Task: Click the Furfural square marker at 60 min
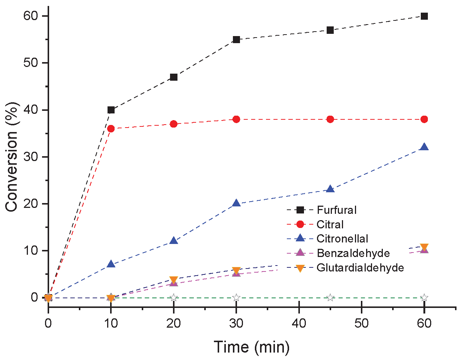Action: pos(424,16)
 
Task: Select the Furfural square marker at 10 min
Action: pos(111,110)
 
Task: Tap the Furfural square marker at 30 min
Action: pos(236,39)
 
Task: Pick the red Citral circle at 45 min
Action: pos(330,119)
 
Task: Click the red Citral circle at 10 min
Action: pos(111,129)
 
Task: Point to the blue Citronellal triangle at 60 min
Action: pos(424,147)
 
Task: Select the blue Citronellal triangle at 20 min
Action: pos(174,241)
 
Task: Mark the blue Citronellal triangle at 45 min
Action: pos(330,189)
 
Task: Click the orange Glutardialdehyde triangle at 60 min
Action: pos(424,247)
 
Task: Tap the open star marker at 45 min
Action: pos(330,298)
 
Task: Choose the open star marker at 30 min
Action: pos(236,298)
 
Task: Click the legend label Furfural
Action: pos(337,210)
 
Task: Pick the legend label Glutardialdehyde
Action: pos(360,268)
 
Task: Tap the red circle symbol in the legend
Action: pos(300,224)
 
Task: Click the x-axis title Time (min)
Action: pos(252,347)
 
